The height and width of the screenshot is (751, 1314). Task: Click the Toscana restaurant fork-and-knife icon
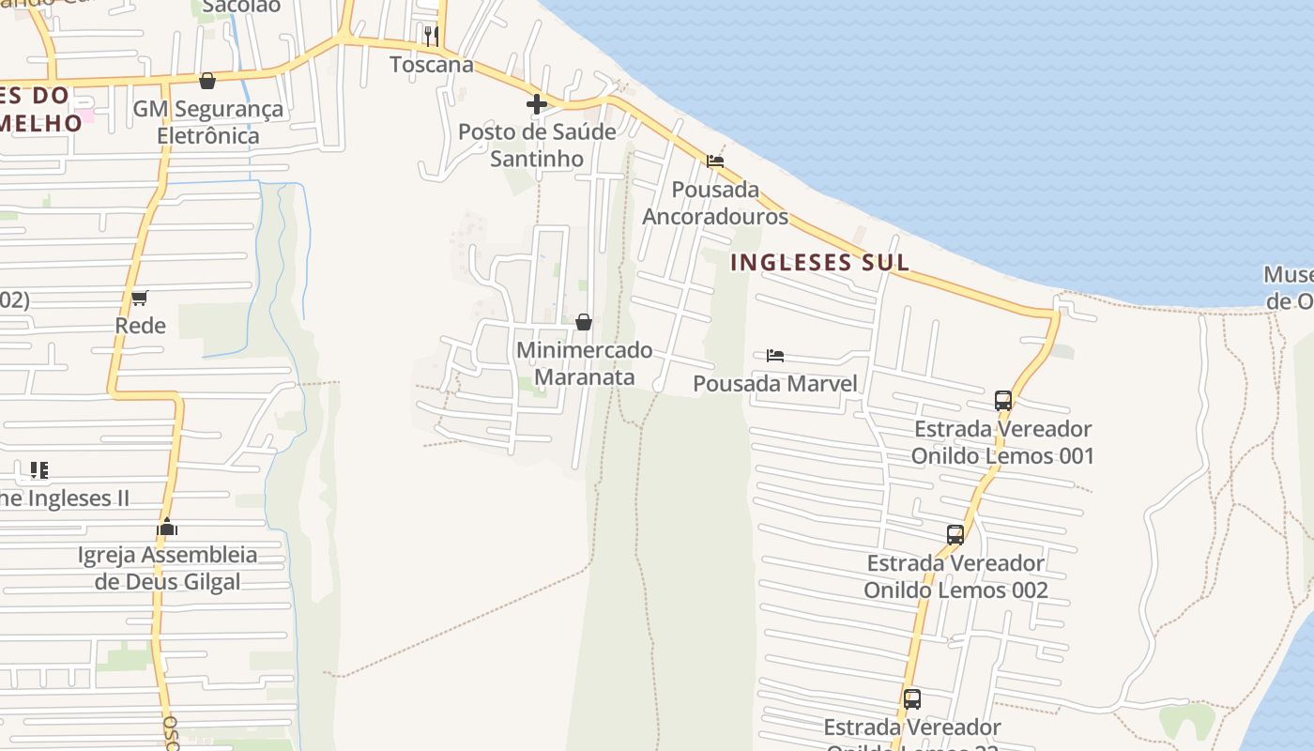tap(431, 37)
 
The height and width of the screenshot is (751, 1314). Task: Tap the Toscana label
tap(431, 65)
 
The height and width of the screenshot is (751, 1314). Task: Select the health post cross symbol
tap(537, 104)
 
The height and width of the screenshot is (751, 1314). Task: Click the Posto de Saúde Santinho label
tap(537, 145)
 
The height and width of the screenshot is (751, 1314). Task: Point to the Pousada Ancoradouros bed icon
tap(715, 161)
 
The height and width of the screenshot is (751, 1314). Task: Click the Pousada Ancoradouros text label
tap(715, 203)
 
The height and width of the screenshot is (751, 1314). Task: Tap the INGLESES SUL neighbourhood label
tap(819, 262)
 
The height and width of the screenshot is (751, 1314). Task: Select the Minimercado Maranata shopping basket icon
tap(584, 323)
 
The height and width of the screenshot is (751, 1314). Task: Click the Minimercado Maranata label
tap(585, 363)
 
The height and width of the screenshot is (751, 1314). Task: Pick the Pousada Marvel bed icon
tap(775, 356)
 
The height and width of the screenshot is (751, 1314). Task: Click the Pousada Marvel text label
tap(775, 383)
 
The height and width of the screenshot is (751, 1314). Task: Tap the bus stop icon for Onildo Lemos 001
tap(1002, 401)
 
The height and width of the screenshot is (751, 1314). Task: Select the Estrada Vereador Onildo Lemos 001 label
tap(1002, 442)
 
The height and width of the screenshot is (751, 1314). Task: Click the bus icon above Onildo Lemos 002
tap(955, 535)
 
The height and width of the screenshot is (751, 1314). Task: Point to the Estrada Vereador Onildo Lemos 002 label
tap(955, 576)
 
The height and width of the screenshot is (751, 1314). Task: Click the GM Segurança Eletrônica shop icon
tap(207, 82)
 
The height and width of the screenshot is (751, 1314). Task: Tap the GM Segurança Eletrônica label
tap(207, 122)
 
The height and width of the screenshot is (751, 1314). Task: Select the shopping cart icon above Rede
tap(140, 299)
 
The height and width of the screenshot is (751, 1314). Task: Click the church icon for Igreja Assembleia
tap(167, 528)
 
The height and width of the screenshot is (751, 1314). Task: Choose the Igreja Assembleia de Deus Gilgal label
tap(167, 568)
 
